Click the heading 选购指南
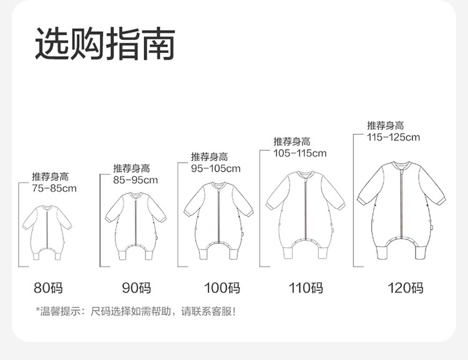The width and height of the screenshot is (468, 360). pyautogui.click(x=104, y=44)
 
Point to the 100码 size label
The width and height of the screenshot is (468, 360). pyautogui.click(x=222, y=288)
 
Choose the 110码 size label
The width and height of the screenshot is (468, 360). pyautogui.click(x=306, y=288)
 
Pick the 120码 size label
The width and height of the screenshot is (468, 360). pyautogui.click(x=405, y=288)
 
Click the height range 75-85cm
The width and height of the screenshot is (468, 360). pyautogui.click(x=54, y=188)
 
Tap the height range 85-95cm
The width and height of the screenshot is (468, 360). pyautogui.click(x=135, y=180)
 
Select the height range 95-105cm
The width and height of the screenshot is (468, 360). pyautogui.click(x=215, y=168)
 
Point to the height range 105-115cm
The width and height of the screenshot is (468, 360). pyautogui.click(x=300, y=153)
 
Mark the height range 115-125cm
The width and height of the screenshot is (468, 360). pyautogui.click(x=394, y=137)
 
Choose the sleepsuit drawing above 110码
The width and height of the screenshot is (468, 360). pyautogui.click(x=306, y=213)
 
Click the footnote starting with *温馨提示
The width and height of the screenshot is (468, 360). pyautogui.click(x=136, y=311)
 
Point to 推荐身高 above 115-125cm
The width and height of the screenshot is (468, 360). pyautogui.click(x=385, y=125)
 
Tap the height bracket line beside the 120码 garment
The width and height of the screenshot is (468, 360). pyautogui.click(x=354, y=200)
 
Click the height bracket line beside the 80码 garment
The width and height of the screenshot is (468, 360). pyautogui.click(x=19, y=225)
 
